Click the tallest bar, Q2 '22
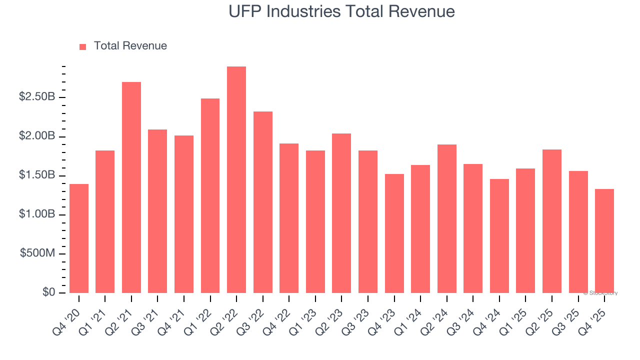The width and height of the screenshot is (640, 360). [236, 180]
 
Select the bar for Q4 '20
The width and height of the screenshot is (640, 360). [79, 238]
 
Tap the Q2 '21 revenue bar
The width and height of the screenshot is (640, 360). [131, 187]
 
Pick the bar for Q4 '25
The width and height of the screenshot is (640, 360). [604, 241]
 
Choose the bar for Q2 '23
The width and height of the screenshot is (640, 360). [341, 213]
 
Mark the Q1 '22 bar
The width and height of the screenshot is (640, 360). [210, 196]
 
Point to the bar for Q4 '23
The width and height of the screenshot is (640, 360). [394, 233]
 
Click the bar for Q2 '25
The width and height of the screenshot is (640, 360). [552, 221]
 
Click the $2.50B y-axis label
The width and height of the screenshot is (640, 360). [37, 97]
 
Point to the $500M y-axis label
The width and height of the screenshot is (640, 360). [37, 253]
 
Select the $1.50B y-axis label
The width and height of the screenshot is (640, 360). [37, 175]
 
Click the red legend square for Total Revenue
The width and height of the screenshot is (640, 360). [83, 46]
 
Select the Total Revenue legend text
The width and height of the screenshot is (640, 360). [130, 46]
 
